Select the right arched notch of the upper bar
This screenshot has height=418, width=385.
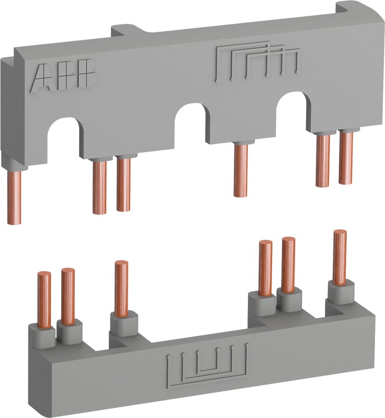291,111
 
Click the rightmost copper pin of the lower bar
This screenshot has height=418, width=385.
340,257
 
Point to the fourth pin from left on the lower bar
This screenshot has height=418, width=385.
266,266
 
